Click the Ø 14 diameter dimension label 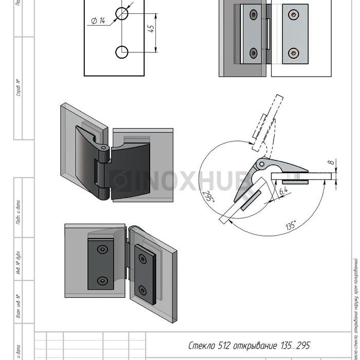[98, 21]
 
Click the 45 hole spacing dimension [152, 29]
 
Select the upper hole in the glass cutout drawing [122, 13]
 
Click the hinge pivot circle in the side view [261, 166]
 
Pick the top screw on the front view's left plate [253, 14]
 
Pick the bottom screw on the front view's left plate [253, 52]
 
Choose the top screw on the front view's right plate [293, 14]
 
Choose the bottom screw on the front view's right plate [293, 52]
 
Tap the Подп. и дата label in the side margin [19, 212]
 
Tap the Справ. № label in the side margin [19, 88]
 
